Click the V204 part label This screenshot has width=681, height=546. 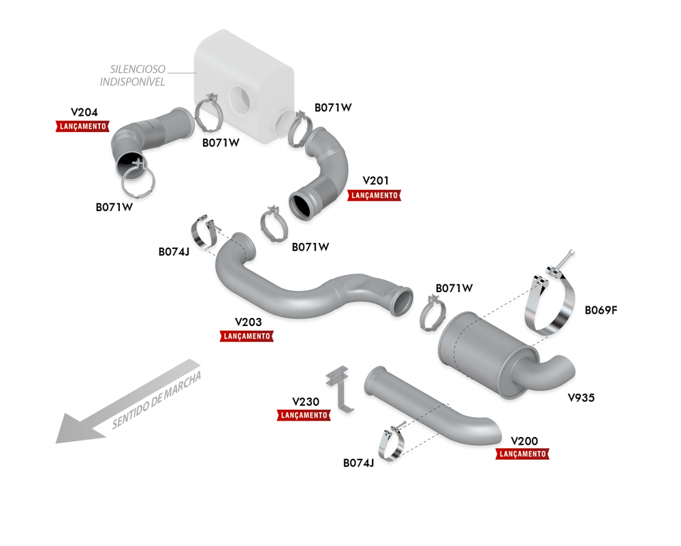(x=84, y=112)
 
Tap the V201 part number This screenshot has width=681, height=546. (x=376, y=180)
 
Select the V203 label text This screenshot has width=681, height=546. (x=249, y=322)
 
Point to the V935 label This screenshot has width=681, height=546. (x=581, y=398)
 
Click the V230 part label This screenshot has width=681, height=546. (x=306, y=402)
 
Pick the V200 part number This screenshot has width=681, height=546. (x=524, y=441)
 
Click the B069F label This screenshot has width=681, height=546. (x=601, y=310)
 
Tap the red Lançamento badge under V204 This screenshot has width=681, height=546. (x=82, y=127)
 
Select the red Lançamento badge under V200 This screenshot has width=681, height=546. (x=522, y=454)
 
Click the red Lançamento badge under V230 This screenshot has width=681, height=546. (x=304, y=415)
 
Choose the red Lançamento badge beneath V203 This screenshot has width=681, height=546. (x=247, y=336)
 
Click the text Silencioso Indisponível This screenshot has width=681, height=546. (x=133, y=76)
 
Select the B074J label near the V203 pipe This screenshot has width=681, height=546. (x=174, y=252)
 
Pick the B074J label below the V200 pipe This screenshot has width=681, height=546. (x=358, y=463)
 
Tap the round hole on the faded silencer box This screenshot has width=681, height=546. (x=240, y=98)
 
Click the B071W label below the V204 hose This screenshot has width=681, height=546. (x=114, y=208)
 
